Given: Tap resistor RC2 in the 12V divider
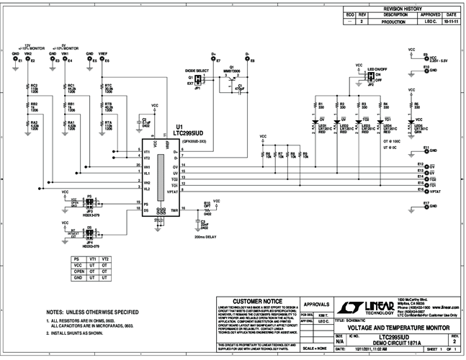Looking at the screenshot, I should pyautogui.click(x=29, y=89).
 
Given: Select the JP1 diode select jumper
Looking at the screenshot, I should pyautogui.click(x=198, y=79).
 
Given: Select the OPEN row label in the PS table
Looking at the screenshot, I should pyautogui.click(x=76, y=271).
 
